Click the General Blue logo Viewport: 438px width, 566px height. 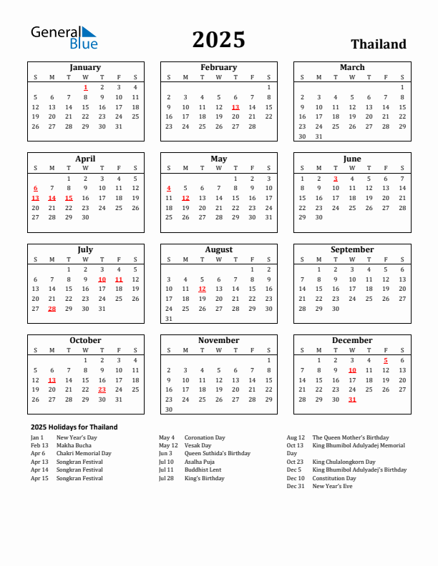(x=63, y=37)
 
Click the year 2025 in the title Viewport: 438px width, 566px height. (x=218, y=40)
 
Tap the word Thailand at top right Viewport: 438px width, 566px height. (x=378, y=44)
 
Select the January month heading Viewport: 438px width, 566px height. (x=85, y=67)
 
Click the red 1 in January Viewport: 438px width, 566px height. (x=85, y=87)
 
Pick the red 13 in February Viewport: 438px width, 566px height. (x=235, y=107)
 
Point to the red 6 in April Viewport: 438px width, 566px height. (x=35, y=188)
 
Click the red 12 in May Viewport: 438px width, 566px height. (x=185, y=198)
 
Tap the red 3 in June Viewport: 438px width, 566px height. (x=335, y=179)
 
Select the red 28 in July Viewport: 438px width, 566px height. (x=52, y=309)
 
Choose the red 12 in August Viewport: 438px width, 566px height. (x=202, y=289)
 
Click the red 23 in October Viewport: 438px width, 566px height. (x=102, y=389)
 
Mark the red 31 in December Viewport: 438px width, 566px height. (x=352, y=399)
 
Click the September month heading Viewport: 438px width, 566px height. (x=352, y=249)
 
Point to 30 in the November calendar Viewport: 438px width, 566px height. (x=169, y=409)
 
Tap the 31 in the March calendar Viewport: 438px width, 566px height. (x=318, y=136)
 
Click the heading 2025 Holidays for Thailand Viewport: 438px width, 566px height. (x=74, y=427)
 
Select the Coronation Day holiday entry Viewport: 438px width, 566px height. (x=205, y=437)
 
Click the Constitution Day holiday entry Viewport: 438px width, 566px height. (x=334, y=478)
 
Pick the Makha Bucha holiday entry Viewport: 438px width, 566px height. (x=74, y=445)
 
